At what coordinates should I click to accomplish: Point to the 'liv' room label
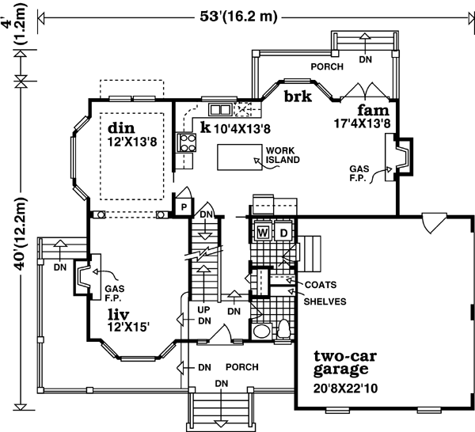tap(120, 313)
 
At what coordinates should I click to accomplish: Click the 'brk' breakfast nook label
tap(298, 96)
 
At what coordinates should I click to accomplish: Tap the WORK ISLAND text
tap(281, 154)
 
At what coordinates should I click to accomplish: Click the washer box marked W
tap(262, 232)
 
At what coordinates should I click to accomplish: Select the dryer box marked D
tap(283, 232)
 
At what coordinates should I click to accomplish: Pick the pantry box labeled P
tap(182, 207)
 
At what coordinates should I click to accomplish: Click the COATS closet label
tap(319, 284)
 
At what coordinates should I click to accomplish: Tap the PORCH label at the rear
tap(325, 67)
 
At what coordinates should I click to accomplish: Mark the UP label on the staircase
tap(203, 310)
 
